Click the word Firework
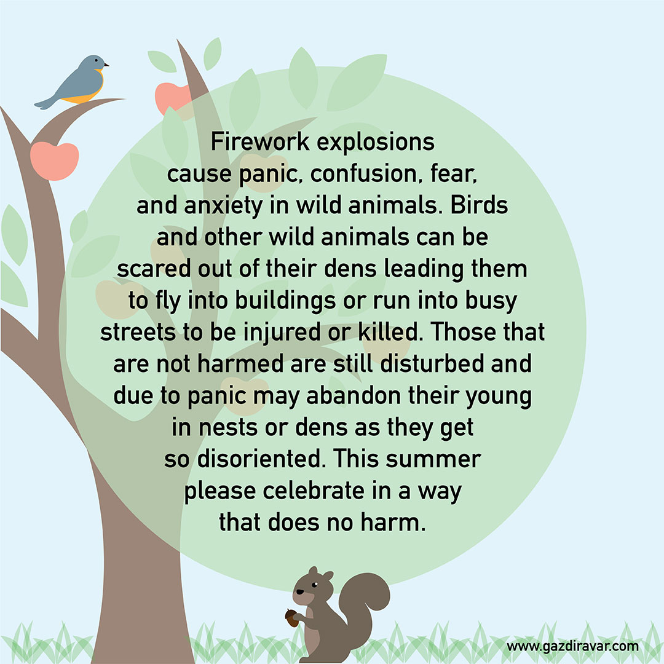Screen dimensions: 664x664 click(x=260, y=141)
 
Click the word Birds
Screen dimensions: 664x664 click(x=479, y=205)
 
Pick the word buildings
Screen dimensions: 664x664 click(x=285, y=301)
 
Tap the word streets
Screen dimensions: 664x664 click(x=138, y=333)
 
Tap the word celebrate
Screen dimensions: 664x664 click(x=314, y=491)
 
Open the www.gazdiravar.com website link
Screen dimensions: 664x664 click(x=572, y=647)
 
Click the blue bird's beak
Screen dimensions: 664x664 click(x=106, y=65)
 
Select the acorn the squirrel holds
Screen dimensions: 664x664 click(x=292, y=618)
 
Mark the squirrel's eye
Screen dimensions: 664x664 click(x=315, y=585)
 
